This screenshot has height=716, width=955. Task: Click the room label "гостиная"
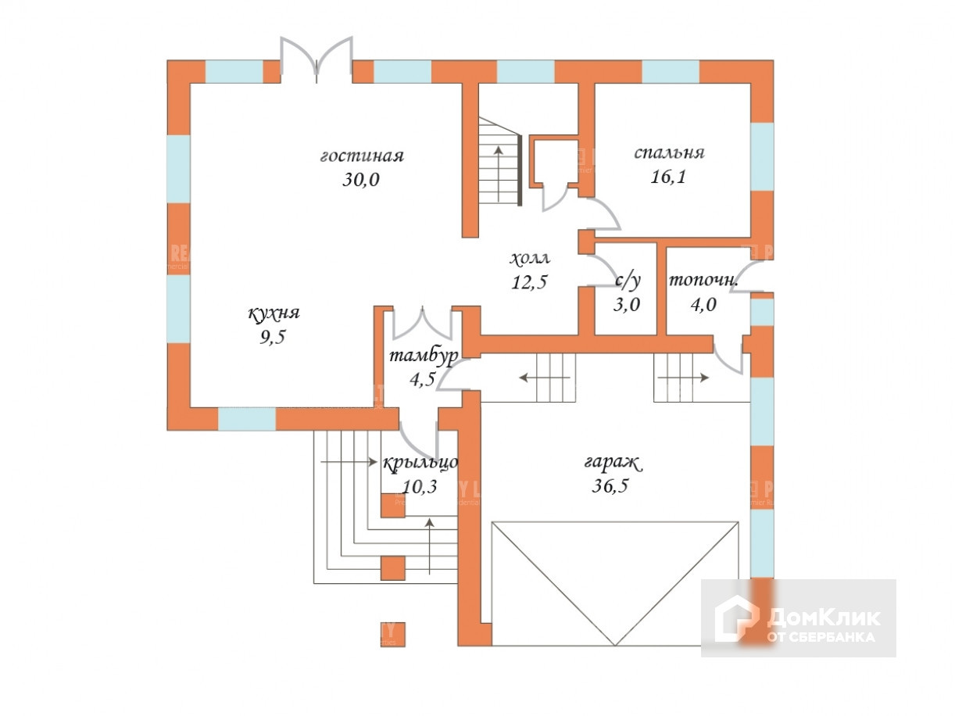click(361, 156)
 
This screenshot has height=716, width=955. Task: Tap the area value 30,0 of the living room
click(361, 180)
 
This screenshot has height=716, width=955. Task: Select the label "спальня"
click(669, 152)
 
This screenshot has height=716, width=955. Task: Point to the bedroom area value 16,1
click(669, 177)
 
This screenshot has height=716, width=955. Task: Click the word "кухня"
click(274, 314)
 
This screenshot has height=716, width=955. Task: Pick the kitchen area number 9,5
click(274, 338)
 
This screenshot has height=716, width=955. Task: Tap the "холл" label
click(530, 258)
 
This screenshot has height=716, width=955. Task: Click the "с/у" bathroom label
click(625, 281)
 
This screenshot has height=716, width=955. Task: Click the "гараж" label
click(613, 463)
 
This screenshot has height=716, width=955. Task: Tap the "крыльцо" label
click(420, 463)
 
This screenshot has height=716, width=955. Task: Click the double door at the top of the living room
click(317, 59)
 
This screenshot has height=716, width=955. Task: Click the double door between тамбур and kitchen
click(423, 323)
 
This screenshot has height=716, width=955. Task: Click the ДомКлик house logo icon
click(736, 618)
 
